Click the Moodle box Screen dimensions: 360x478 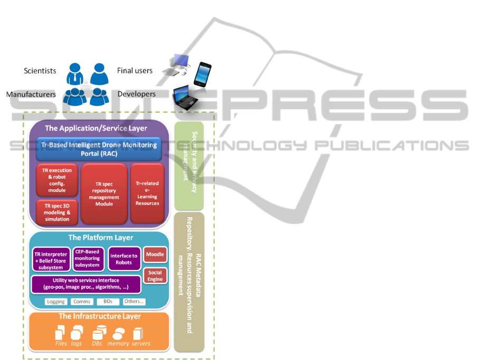(155, 255)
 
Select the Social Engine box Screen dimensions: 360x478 (155, 276)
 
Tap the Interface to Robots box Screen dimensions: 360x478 (124, 259)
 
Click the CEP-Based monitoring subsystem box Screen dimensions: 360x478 (87, 258)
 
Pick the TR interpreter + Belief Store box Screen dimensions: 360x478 (51, 260)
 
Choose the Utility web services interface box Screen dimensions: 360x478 (86, 284)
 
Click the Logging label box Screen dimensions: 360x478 (55, 302)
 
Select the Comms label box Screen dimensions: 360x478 (81, 302)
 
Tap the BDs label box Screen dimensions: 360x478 (108, 302)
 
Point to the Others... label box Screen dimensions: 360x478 (134, 302)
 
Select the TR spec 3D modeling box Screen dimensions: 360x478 (57, 212)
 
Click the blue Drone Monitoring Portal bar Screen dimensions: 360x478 (99, 149)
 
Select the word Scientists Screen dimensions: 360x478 (40, 71)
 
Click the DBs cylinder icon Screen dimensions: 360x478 (99, 333)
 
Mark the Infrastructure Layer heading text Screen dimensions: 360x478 (99, 316)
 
